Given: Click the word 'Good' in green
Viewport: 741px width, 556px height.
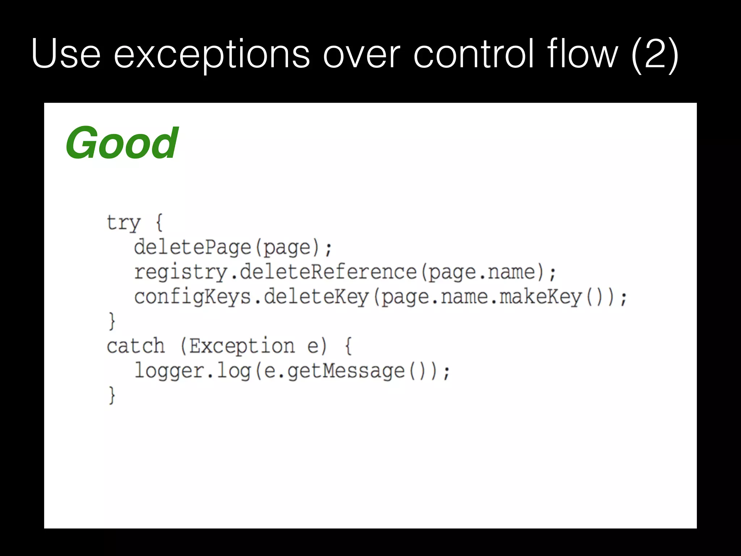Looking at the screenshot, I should click(x=122, y=143).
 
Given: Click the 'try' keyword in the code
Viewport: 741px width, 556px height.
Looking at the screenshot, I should click(x=123, y=222).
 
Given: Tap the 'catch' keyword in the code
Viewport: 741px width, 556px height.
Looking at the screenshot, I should click(x=136, y=346).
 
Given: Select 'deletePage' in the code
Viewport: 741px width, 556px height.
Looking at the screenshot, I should click(x=192, y=248).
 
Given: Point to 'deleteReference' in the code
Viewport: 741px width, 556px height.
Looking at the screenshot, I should click(x=328, y=272).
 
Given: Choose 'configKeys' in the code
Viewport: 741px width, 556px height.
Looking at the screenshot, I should click(x=192, y=297).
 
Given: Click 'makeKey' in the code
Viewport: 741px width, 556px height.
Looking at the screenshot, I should click(x=541, y=297).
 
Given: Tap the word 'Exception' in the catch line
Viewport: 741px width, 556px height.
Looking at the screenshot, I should click(x=242, y=346).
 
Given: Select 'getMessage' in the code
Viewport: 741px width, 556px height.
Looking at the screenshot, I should click(x=346, y=371).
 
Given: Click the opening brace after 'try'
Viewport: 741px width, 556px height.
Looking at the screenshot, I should click(x=159, y=222).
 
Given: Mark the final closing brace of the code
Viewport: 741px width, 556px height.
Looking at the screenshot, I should click(x=112, y=395).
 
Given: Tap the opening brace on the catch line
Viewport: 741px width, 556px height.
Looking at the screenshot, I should click(x=348, y=346).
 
